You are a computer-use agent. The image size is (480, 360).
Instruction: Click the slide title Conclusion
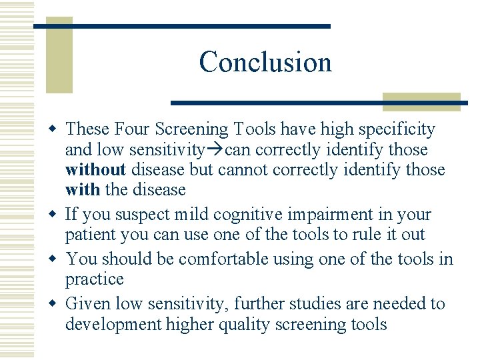pos(265,62)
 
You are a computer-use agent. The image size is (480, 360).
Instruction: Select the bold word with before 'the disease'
pos(82,189)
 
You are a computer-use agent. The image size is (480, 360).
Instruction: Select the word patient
pos(87,235)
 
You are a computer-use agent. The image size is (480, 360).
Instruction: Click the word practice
pos(94,279)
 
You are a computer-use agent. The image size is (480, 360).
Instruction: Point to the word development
pos(113,324)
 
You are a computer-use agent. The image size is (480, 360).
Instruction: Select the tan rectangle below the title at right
pos(421,101)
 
